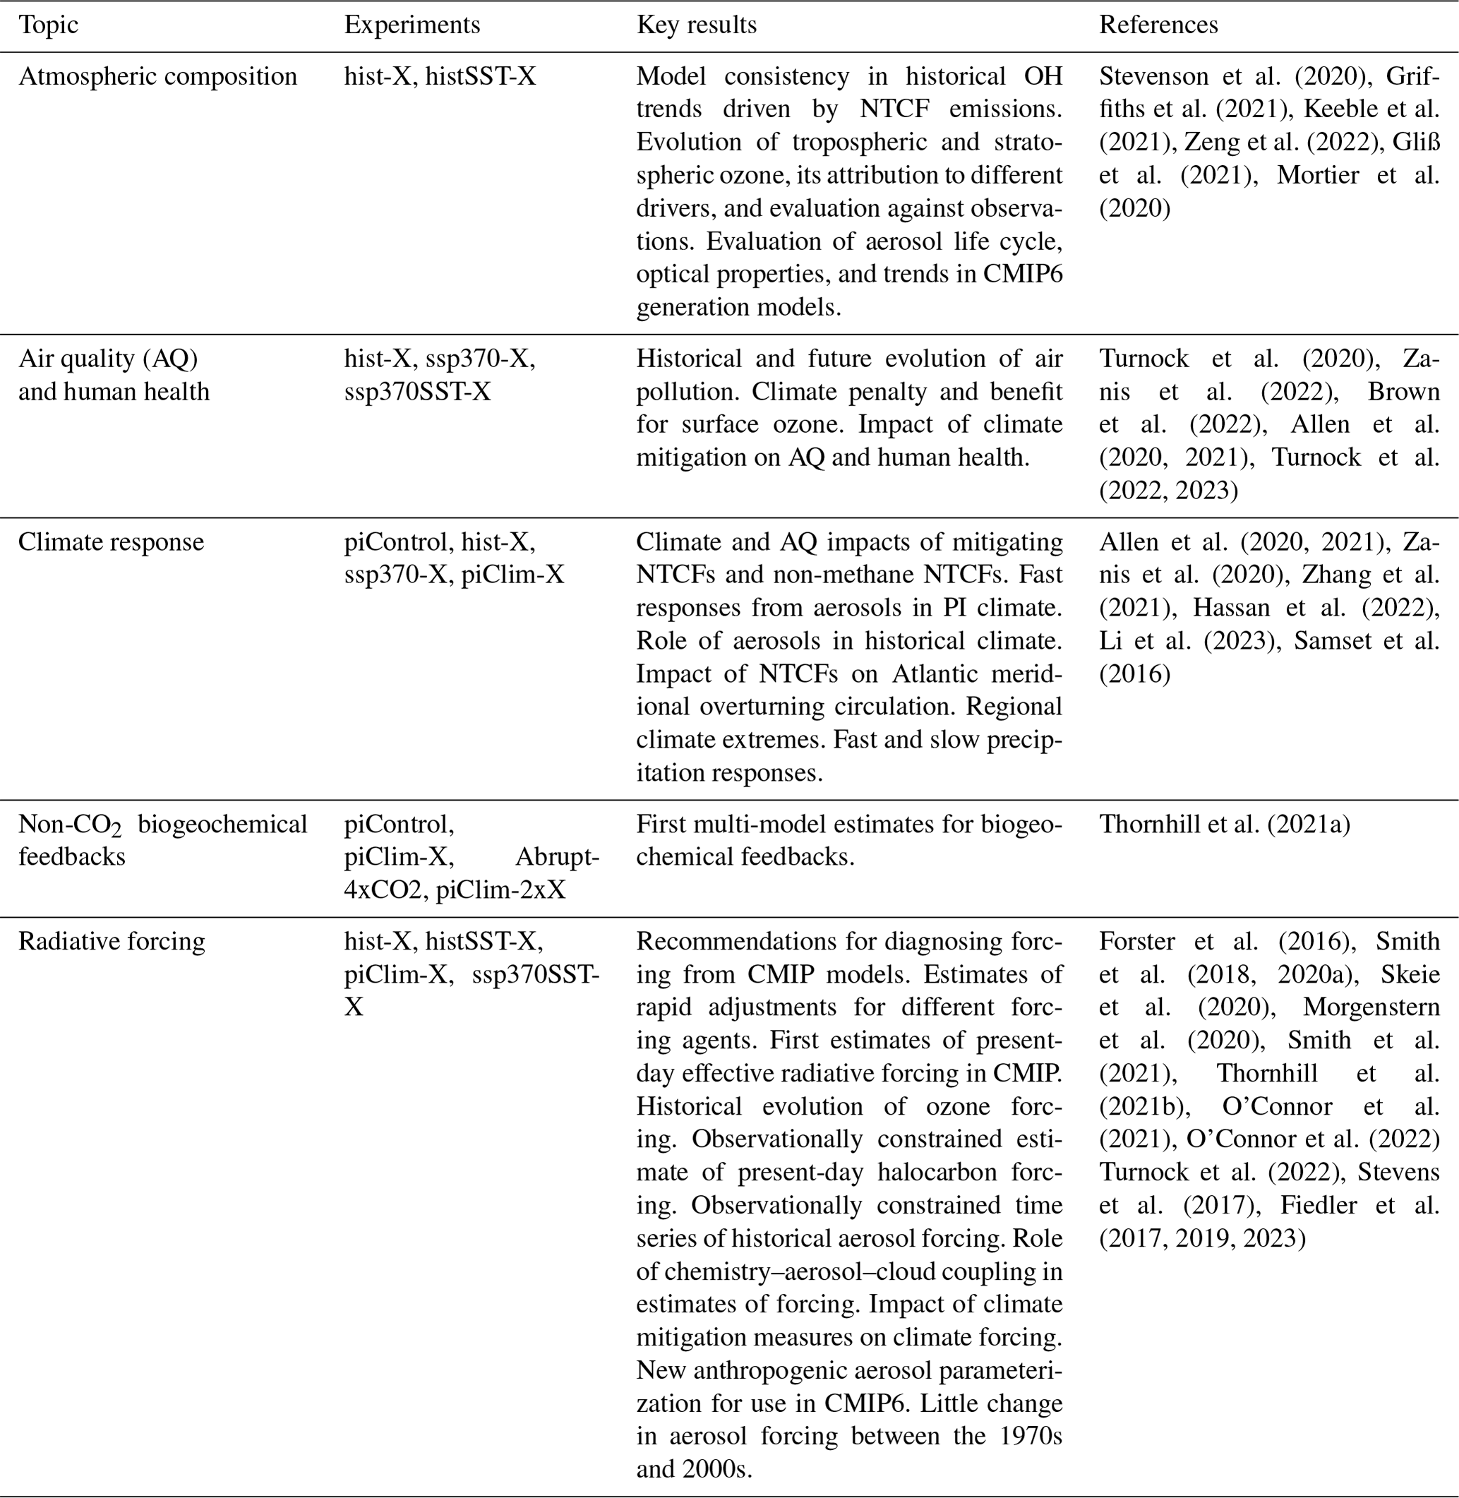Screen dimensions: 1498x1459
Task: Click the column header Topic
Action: click(48, 25)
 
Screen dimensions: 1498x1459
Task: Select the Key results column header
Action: click(696, 25)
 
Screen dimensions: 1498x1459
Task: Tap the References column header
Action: click(1158, 25)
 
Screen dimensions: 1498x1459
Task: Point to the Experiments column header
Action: click(412, 25)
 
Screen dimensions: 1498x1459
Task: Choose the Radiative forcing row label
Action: click(111, 941)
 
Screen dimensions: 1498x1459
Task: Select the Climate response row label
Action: click(111, 541)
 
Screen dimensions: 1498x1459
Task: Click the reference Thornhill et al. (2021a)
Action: click(1224, 824)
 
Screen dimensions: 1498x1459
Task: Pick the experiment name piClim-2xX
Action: click(500, 889)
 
